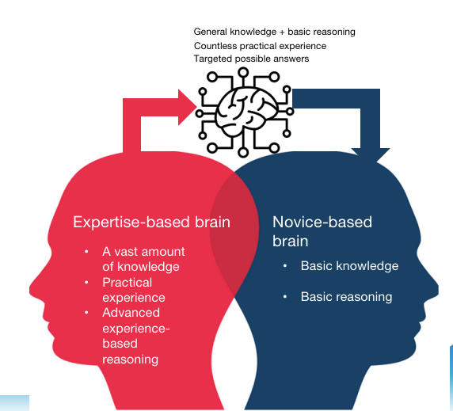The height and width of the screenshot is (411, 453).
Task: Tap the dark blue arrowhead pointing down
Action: tap(365, 155)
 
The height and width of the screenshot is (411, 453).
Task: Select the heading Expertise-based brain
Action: tap(151, 223)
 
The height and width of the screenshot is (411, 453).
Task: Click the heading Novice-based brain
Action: tap(322, 231)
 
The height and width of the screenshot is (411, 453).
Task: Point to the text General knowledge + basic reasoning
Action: tap(274, 32)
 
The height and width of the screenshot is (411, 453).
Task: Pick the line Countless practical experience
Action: tap(260, 46)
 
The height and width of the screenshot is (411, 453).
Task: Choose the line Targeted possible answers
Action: tap(251, 59)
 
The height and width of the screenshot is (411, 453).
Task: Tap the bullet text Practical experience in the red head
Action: tap(134, 290)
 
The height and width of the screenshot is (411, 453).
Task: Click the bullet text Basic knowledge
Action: tap(349, 266)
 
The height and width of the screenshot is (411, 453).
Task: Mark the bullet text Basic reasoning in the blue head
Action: tap(346, 297)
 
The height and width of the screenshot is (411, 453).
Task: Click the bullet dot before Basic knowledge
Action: tap(285, 266)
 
